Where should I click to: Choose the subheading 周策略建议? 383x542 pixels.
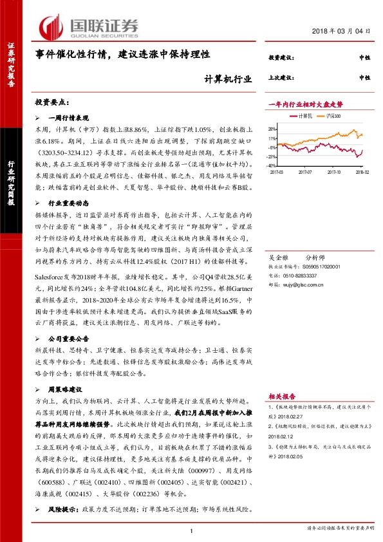point(68,390)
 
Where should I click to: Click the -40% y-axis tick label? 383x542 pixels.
point(272,165)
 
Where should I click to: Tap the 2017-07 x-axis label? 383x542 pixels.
point(306,172)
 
